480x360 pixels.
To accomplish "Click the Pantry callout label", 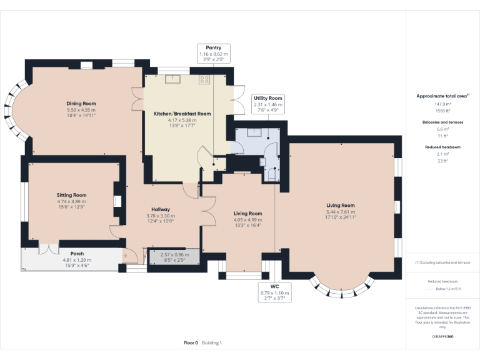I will click(x=214, y=52).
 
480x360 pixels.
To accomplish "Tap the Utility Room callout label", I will click(x=267, y=103).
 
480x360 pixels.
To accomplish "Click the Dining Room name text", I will click(x=81, y=104).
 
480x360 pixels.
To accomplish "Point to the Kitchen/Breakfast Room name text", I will click(x=182, y=114).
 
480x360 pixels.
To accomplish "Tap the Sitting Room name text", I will click(x=71, y=195).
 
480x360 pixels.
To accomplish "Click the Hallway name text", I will click(x=161, y=209).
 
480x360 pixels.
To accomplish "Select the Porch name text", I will click(x=77, y=254).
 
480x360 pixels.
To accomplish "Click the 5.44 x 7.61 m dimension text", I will click(x=340, y=211).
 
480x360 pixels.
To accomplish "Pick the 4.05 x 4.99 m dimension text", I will click(x=247, y=219).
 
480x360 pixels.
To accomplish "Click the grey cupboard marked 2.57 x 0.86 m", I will click(x=174, y=256).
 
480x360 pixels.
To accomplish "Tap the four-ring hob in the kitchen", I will click(x=204, y=79).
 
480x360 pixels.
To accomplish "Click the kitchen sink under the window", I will click(x=172, y=79).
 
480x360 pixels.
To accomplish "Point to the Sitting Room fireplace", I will click(x=116, y=201).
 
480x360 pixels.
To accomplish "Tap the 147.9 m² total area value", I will click(x=442, y=104).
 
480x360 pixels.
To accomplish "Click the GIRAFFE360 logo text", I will click(x=442, y=336).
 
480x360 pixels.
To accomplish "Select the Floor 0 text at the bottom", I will click(x=191, y=342).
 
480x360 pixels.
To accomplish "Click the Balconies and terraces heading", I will click(x=442, y=122).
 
